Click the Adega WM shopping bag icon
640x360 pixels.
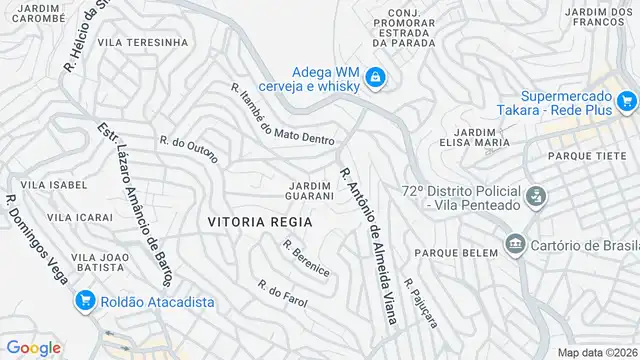[375, 77]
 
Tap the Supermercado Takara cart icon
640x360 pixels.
[627, 100]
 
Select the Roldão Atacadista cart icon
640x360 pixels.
[84, 299]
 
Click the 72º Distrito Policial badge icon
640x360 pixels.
[536, 196]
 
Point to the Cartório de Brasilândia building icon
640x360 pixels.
[516, 243]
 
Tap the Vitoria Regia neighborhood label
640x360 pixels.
[260, 221]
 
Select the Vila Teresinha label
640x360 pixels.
[143, 42]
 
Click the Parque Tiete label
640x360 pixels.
[588, 155]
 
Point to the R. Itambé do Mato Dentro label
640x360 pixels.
[282, 116]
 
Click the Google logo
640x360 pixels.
[34, 347]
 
